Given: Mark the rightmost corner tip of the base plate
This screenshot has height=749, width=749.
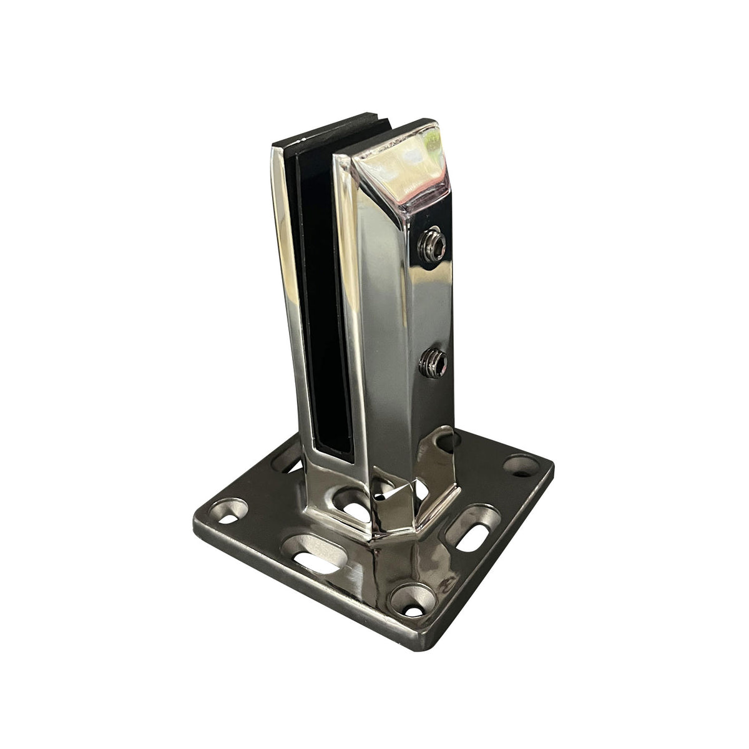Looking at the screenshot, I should click(x=553, y=463).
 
